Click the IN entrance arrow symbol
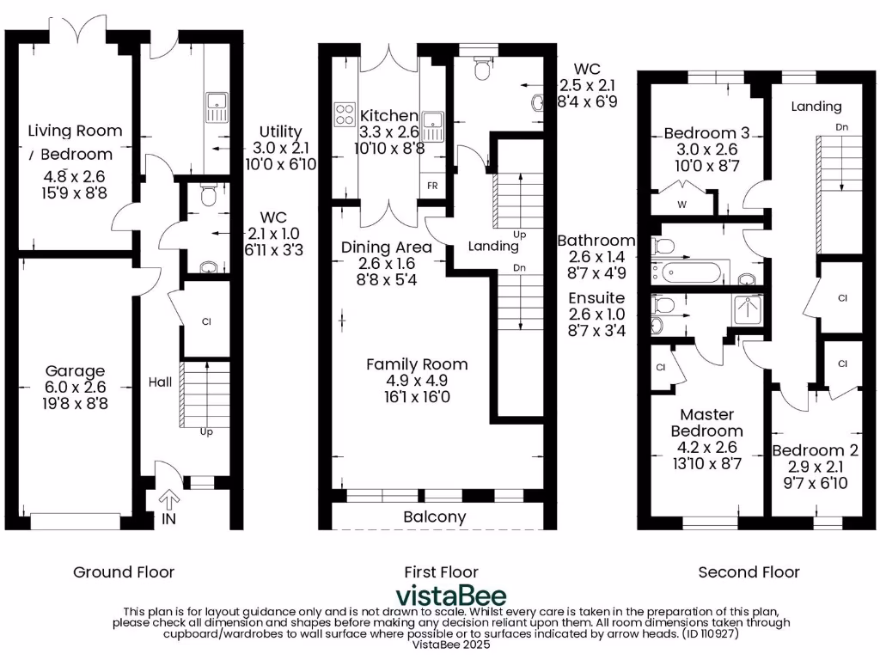pyautogui.click(x=168, y=499)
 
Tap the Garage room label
pyautogui.click(x=76, y=371)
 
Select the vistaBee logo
pyautogui.click(x=450, y=596)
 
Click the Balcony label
pyautogui.click(x=435, y=517)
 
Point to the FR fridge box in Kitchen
pyautogui.click(x=432, y=186)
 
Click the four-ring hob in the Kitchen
pyautogui.click(x=345, y=114)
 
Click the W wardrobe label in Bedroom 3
pyautogui.click(x=681, y=205)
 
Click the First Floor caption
pyautogui.click(x=441, y=571)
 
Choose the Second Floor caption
pyautogui.click(x=749, y=571)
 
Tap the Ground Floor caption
pyautogui.click(x=124, y=571)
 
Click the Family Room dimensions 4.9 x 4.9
pyautogui.click(x=417, y=381)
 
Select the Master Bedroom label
pyautogui.click(x=706, y=422)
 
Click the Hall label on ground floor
pyautogui.click(x=160, y=382)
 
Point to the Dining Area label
pyautogui.click(x=386, y=247)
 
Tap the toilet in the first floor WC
pyautogui.click(x=482, y=69)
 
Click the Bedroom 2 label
pyautogui.click(x=815, y=450)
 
